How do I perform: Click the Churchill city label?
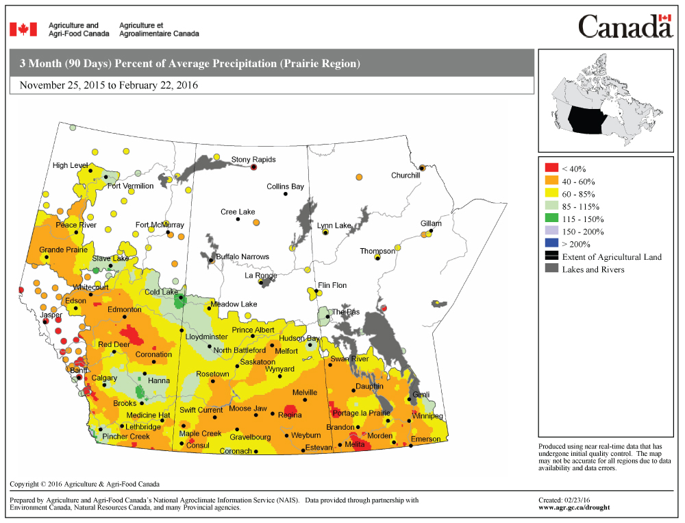[x=405, y=175]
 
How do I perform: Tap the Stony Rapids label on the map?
[x=253, y=160]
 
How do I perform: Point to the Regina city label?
[x=290, y=415]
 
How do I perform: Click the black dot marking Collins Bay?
[x=285, y=194]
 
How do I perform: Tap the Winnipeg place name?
[x=427, y=416]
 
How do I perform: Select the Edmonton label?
[x=124, y=310]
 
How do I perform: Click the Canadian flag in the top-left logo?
[x=23, y=29]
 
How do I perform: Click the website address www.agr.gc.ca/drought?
[x=574, y=508]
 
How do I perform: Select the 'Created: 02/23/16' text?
[x=564, y=500]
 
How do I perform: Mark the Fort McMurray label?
[x=160, y=225]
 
